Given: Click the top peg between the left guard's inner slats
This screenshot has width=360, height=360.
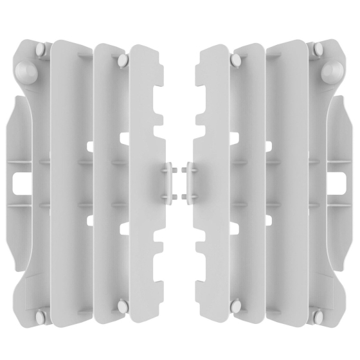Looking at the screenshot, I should [x=122, y=60].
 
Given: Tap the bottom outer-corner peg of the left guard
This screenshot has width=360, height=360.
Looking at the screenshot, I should [x=40, y=316].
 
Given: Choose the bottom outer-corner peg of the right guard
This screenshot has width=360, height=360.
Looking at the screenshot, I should [x=319, y=316].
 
